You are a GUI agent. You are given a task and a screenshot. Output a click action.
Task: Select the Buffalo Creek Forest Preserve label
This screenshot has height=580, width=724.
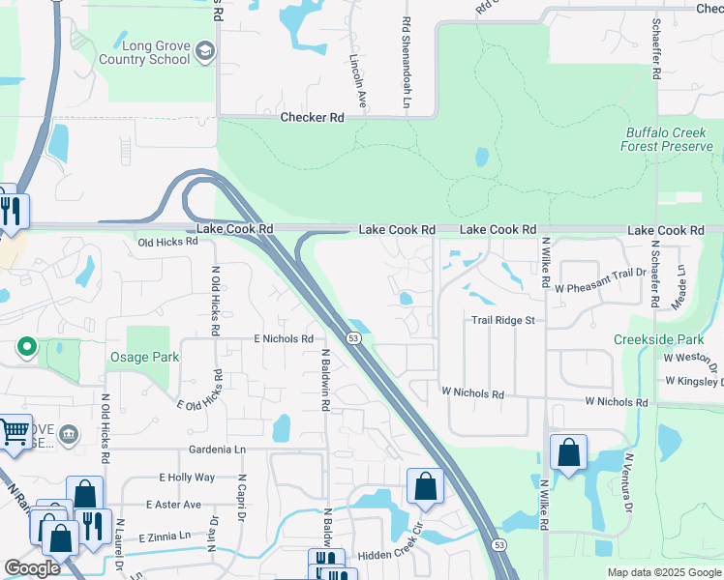(x=668, y=139)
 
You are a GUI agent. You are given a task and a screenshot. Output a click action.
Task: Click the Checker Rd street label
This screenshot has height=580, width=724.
(x=312, y=118)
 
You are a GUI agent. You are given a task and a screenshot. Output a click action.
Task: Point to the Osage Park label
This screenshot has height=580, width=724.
(x=142, y=358)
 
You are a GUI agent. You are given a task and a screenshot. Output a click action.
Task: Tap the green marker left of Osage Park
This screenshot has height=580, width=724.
(x=27, y=345)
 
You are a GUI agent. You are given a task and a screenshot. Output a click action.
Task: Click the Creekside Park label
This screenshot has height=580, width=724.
(x=658, y=339)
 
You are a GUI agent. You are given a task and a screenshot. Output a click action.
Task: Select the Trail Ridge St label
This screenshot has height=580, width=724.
(x=503, y=320)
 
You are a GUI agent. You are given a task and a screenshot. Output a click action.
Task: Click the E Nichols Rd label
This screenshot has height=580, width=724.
(x=284, y=339)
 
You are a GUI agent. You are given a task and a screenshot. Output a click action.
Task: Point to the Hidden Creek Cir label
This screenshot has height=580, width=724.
(x=391, y=555)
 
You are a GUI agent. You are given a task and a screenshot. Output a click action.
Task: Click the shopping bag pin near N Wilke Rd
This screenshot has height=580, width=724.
(x=568, y=452)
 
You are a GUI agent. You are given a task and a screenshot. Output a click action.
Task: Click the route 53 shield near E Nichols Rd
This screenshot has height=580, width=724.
(x=355, y=338)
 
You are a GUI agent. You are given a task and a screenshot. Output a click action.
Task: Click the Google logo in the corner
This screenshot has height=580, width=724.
(x=31, y=568)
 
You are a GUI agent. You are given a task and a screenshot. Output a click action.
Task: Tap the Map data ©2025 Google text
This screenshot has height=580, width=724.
(x=664, y=572)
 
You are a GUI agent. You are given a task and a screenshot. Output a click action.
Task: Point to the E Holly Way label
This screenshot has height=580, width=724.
(x=187, y=478)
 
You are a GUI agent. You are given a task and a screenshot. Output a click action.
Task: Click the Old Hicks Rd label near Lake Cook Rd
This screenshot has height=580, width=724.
(x=167, y=243)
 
